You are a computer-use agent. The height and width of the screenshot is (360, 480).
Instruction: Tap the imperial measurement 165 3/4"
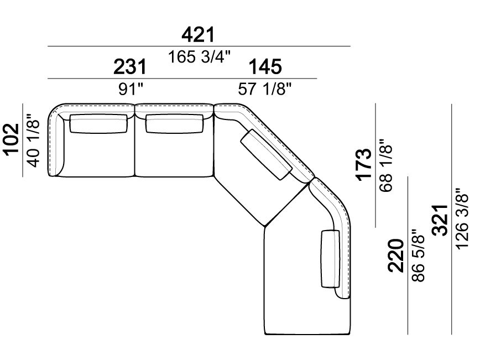pyautogui.click(x=199, y=57)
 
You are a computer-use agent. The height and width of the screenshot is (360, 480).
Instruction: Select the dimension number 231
pyautogui.click(x=130, y=67)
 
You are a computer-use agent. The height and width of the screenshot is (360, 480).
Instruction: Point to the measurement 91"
pyautogui.click(x=131, y=90)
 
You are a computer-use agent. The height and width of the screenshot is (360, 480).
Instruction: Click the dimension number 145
pyautogui.click(x=265, y=67)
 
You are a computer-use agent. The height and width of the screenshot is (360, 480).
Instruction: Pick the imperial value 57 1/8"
pyautogui.click(x=265, y=90)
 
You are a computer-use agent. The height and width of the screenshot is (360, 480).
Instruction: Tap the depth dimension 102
pyautogui.click(x=12, y=139)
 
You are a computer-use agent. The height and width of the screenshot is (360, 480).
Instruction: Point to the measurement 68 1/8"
pyautogui.click(x=386, y=165)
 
